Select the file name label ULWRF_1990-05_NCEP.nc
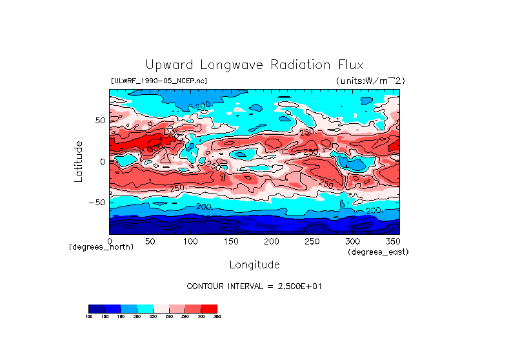[159, 81]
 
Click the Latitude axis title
[79, 161]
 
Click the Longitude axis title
[254, 265]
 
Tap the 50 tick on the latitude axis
[99, 120]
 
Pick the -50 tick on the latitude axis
[97, 202]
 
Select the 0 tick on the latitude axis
[102, 161]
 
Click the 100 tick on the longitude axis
[190, 241]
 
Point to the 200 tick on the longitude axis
[271, 241]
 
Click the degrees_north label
[101, 247]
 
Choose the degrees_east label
[378, 252]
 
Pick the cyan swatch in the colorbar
[145, 308]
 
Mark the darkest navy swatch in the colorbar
[96, 308]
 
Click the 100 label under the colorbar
[89, 316]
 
